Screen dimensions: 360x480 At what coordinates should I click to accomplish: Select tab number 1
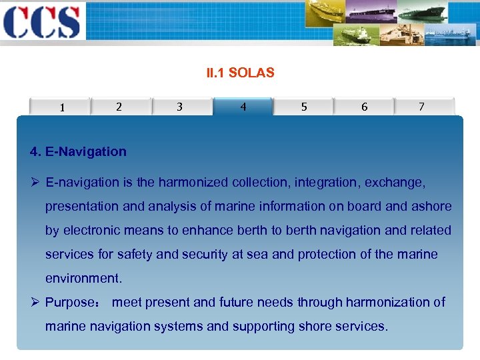coord(62,107)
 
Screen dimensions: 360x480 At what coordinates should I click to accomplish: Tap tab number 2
coord(119,107)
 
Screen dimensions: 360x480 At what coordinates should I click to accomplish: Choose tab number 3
coord(179,107)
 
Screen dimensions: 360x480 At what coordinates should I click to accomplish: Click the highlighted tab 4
coord(243,107)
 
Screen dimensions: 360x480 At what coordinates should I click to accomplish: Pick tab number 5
coord(304,107)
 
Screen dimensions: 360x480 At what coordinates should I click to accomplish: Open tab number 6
coord(364,107)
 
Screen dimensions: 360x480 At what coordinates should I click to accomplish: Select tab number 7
coord(421,107)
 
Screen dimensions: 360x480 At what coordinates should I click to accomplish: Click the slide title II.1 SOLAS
coord(240,73)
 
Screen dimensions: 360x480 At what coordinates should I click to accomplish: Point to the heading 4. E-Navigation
coord(78,151)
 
